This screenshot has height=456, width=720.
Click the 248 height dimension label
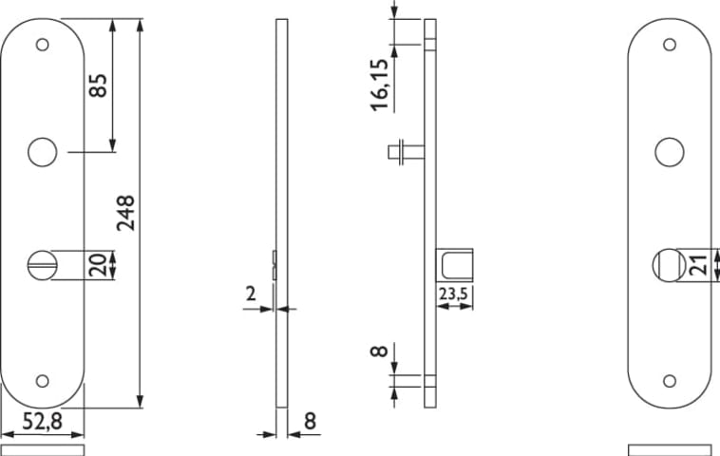coord(125,213)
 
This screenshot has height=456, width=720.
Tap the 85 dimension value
coord(98,85)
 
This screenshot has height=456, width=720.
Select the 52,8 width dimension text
coord(42,421)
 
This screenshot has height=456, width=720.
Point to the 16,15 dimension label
coord(380,85)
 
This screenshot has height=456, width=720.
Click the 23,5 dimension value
coord(453,294)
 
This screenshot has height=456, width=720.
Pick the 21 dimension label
coord(700,265)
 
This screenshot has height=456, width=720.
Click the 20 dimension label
coord(98,265)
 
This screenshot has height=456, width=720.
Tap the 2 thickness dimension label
coord(250,294)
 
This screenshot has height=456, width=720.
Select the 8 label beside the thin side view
coord(311,421)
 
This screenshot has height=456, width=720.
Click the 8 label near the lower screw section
coord(379,351)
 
